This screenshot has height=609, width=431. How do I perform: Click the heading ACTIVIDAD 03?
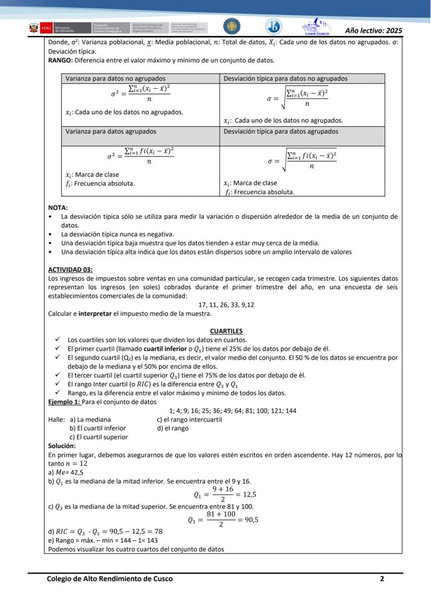point(70,269)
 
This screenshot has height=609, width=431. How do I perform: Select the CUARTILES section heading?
point(226,331)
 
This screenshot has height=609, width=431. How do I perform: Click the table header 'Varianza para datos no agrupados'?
point(116,79)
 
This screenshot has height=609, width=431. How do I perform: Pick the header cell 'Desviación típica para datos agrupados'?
point(281,132)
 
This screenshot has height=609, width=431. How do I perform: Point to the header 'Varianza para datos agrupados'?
point(110,132)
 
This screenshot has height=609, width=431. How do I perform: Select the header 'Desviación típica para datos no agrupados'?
point(286,79)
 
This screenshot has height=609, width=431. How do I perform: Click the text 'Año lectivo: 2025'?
point(373,30)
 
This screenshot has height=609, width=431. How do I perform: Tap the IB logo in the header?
point(273,27)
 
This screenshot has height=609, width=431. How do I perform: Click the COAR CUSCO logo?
point(316,27)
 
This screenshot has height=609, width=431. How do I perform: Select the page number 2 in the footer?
point(382,578)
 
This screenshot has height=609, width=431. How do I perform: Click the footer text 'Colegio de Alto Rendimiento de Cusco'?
point(110,578)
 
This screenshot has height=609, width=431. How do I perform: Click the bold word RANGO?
point(60,60)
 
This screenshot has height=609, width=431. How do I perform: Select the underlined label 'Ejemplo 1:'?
point(64,402)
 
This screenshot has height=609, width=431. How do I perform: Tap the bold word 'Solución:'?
point(62,446)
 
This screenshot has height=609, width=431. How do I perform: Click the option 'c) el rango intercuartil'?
point(189,420)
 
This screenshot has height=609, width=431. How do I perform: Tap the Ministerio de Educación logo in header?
point(53,28)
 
